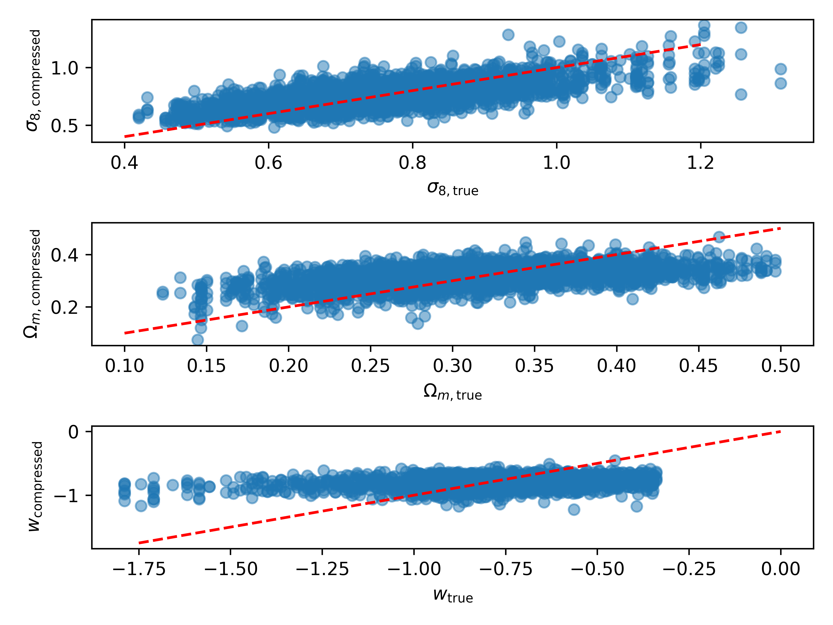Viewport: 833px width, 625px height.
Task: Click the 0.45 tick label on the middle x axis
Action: (x=699, y=366)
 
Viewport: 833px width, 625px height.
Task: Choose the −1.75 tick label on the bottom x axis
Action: (x=139, y=569)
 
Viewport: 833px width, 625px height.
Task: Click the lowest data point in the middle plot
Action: (x=198, y=340)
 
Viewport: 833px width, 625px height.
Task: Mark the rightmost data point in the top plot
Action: (x=781, y=69)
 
